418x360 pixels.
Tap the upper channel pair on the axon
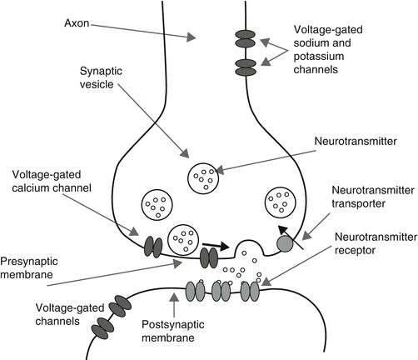tap(244, 37)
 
